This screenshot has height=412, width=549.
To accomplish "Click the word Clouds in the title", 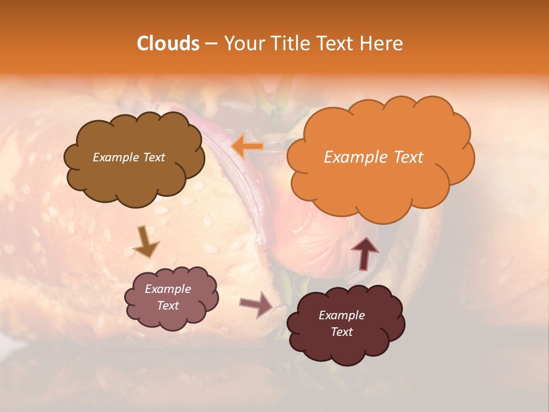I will (168, 43).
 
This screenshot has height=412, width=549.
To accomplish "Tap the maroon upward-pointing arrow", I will (364, 253).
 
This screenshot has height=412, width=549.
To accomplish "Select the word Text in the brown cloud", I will (153, 157).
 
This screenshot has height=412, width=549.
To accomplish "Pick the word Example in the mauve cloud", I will (168, 289).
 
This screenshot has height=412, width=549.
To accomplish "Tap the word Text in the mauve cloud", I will (168, 306).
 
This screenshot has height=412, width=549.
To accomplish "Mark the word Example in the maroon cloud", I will (341, 315).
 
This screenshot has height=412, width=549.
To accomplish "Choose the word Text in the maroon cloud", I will (341, 332).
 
